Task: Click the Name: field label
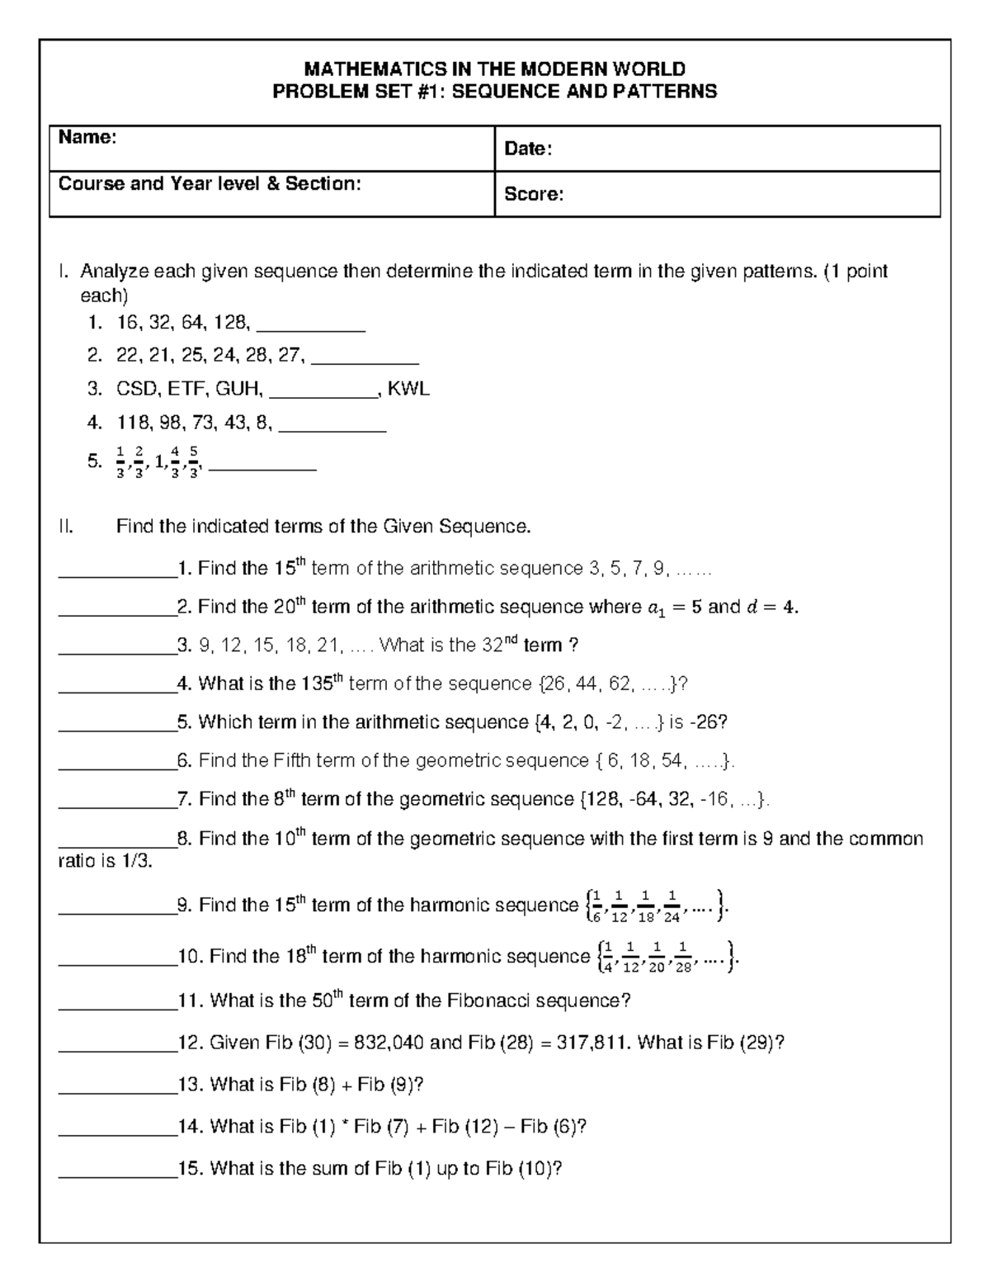click(x=87, y=138)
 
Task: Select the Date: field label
click(x=528, y=149)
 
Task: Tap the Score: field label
click(x=534, y=194)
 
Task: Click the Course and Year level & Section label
click(x=210, y=183)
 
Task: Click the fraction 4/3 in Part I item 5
click(x=176, y=462)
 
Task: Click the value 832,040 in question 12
click(x=389, y=1043)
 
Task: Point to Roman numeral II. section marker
click(x=66, y=527)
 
